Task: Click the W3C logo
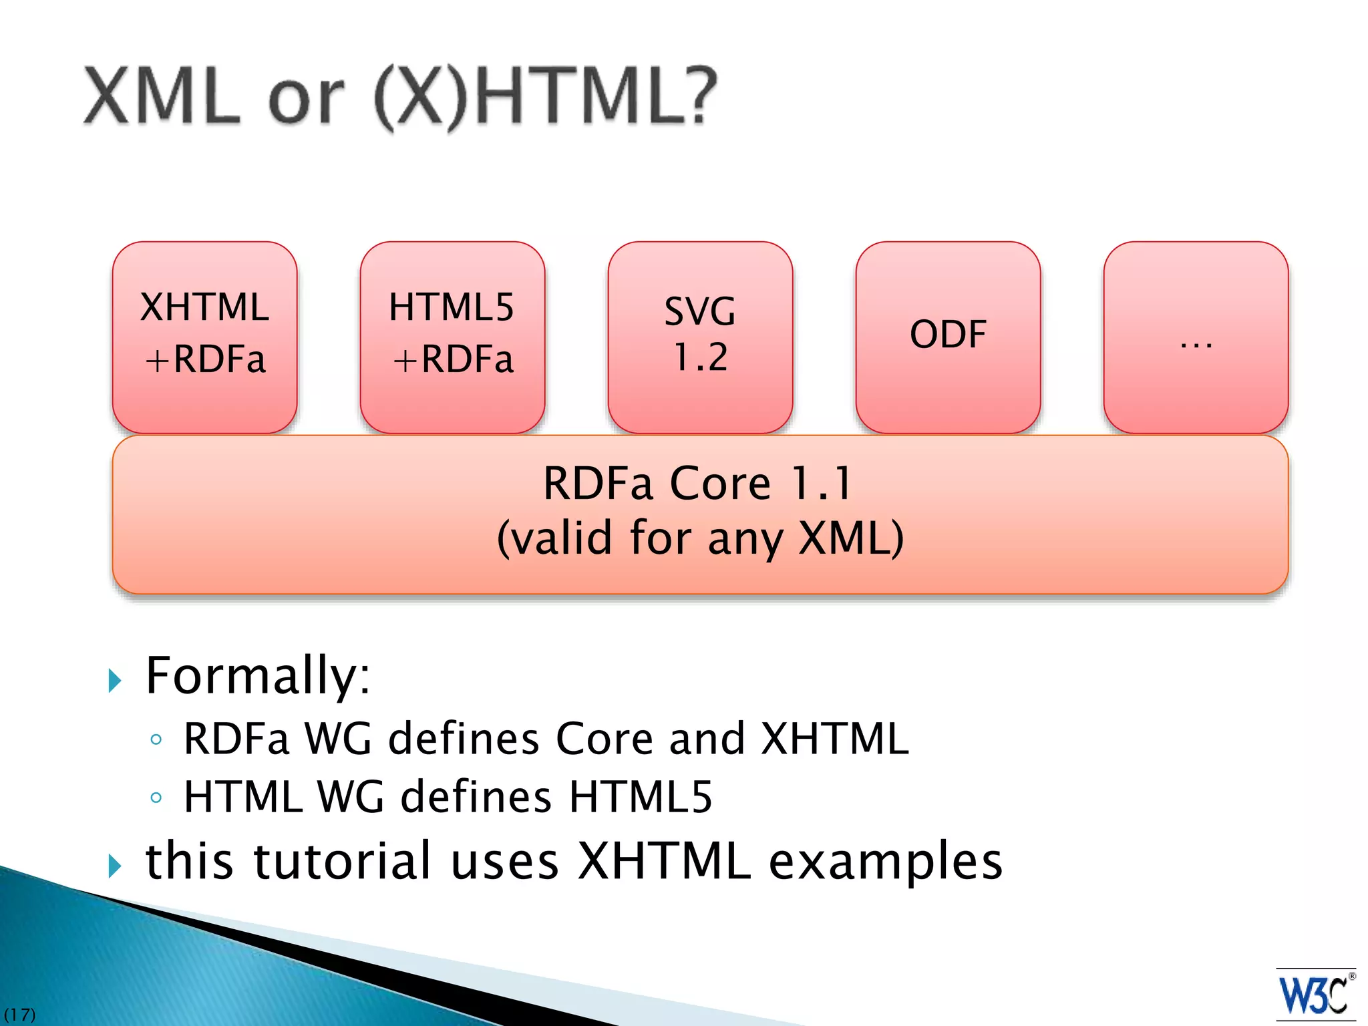(1315, 995)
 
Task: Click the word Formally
(257, 676)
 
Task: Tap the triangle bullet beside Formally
(115, 681)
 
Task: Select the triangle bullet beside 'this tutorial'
(115, 866)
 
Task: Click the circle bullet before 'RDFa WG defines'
(156, 739)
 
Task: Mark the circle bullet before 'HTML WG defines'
(156, 798)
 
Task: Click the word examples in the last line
(886, 862)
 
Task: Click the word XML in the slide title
(162, 97)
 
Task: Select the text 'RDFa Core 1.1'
(698, 483)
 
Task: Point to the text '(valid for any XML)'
(700, 538)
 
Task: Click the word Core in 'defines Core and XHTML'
(605, 739)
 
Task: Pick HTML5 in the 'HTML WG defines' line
(641, 797)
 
